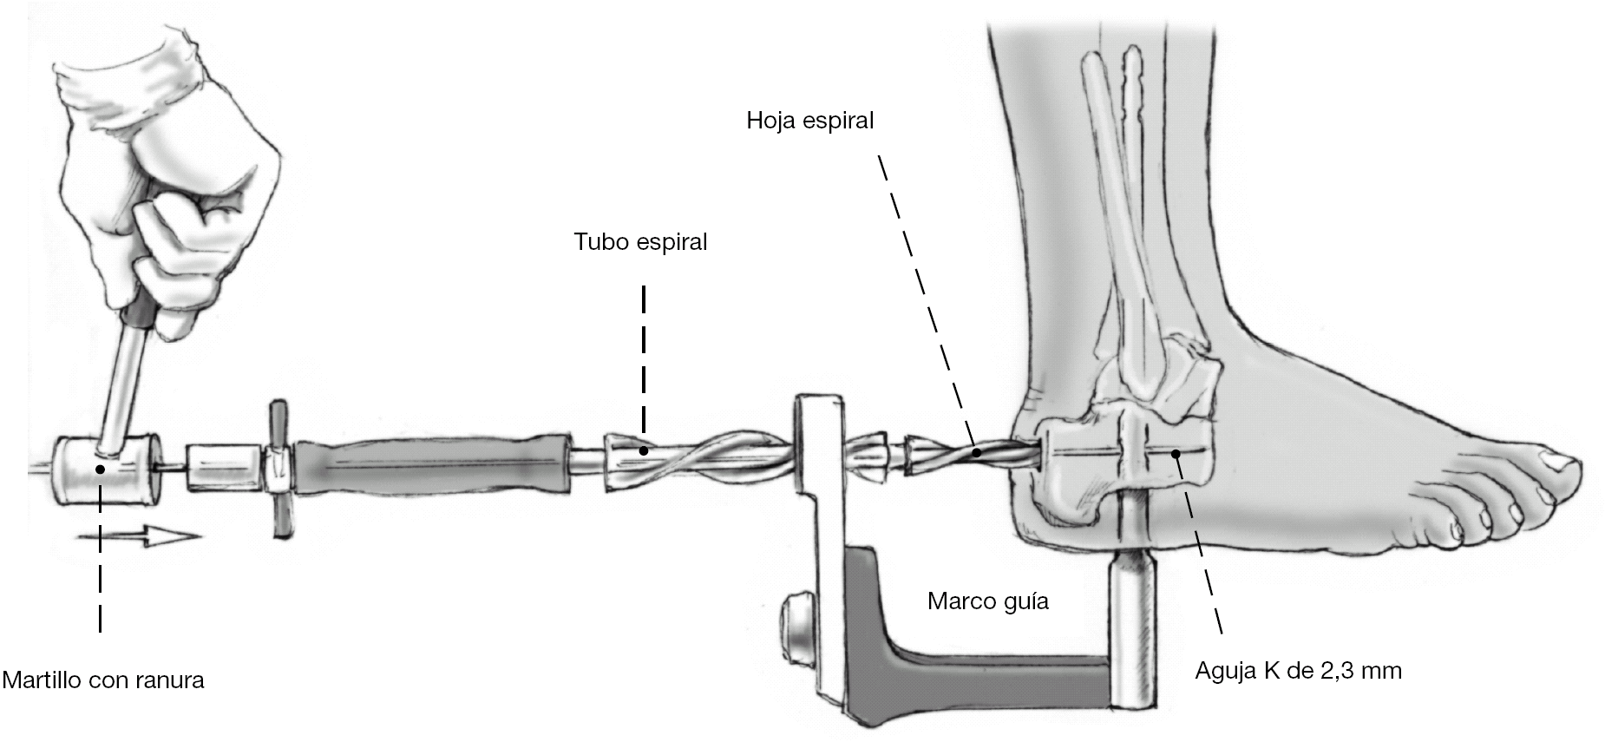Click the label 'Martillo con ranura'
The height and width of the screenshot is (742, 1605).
(x=103, y=680)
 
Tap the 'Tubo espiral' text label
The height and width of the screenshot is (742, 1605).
(x=640, y=242)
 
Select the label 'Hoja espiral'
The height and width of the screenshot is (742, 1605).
(x=809, y=121)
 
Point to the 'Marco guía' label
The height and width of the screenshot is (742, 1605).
(x=987, y=601)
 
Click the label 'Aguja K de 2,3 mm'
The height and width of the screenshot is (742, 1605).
(x=1298, y=671)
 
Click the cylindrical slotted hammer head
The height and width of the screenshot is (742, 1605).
(x=106, y=469)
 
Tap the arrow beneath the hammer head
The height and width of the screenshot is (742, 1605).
(x=139, y=535)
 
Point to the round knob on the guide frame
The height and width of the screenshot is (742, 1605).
(x=799, y=619)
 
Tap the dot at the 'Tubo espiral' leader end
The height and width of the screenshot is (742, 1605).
(x=643, y=450)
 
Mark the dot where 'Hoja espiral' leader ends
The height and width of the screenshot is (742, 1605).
(x=977, y=452)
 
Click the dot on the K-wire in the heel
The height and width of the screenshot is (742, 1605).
(x=1176, y=452)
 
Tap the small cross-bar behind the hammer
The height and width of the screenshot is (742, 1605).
(x=279, y=469)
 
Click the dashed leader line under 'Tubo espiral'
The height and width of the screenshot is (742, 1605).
(x=643, y=364)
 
